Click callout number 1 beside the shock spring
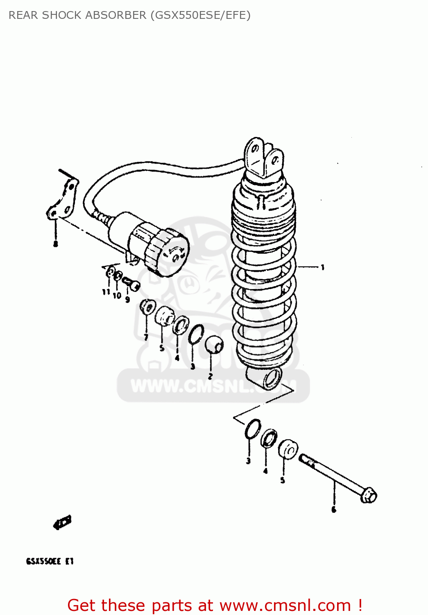click(323, 268)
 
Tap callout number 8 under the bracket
click(56, 244)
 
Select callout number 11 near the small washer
click(106, 292)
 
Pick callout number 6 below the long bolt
click(334, 510)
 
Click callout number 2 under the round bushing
click(210, 376)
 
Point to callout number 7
click(146, 337)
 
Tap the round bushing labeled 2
click(213, 345)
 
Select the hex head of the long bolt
click(369, 495)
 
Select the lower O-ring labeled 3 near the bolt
click(253, 429)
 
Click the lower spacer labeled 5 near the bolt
click(288, 449)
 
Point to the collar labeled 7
click(147, 307)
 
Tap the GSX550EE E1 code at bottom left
click(50, 561)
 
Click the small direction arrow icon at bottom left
click(62, 523)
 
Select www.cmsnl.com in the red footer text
click(285, 606)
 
